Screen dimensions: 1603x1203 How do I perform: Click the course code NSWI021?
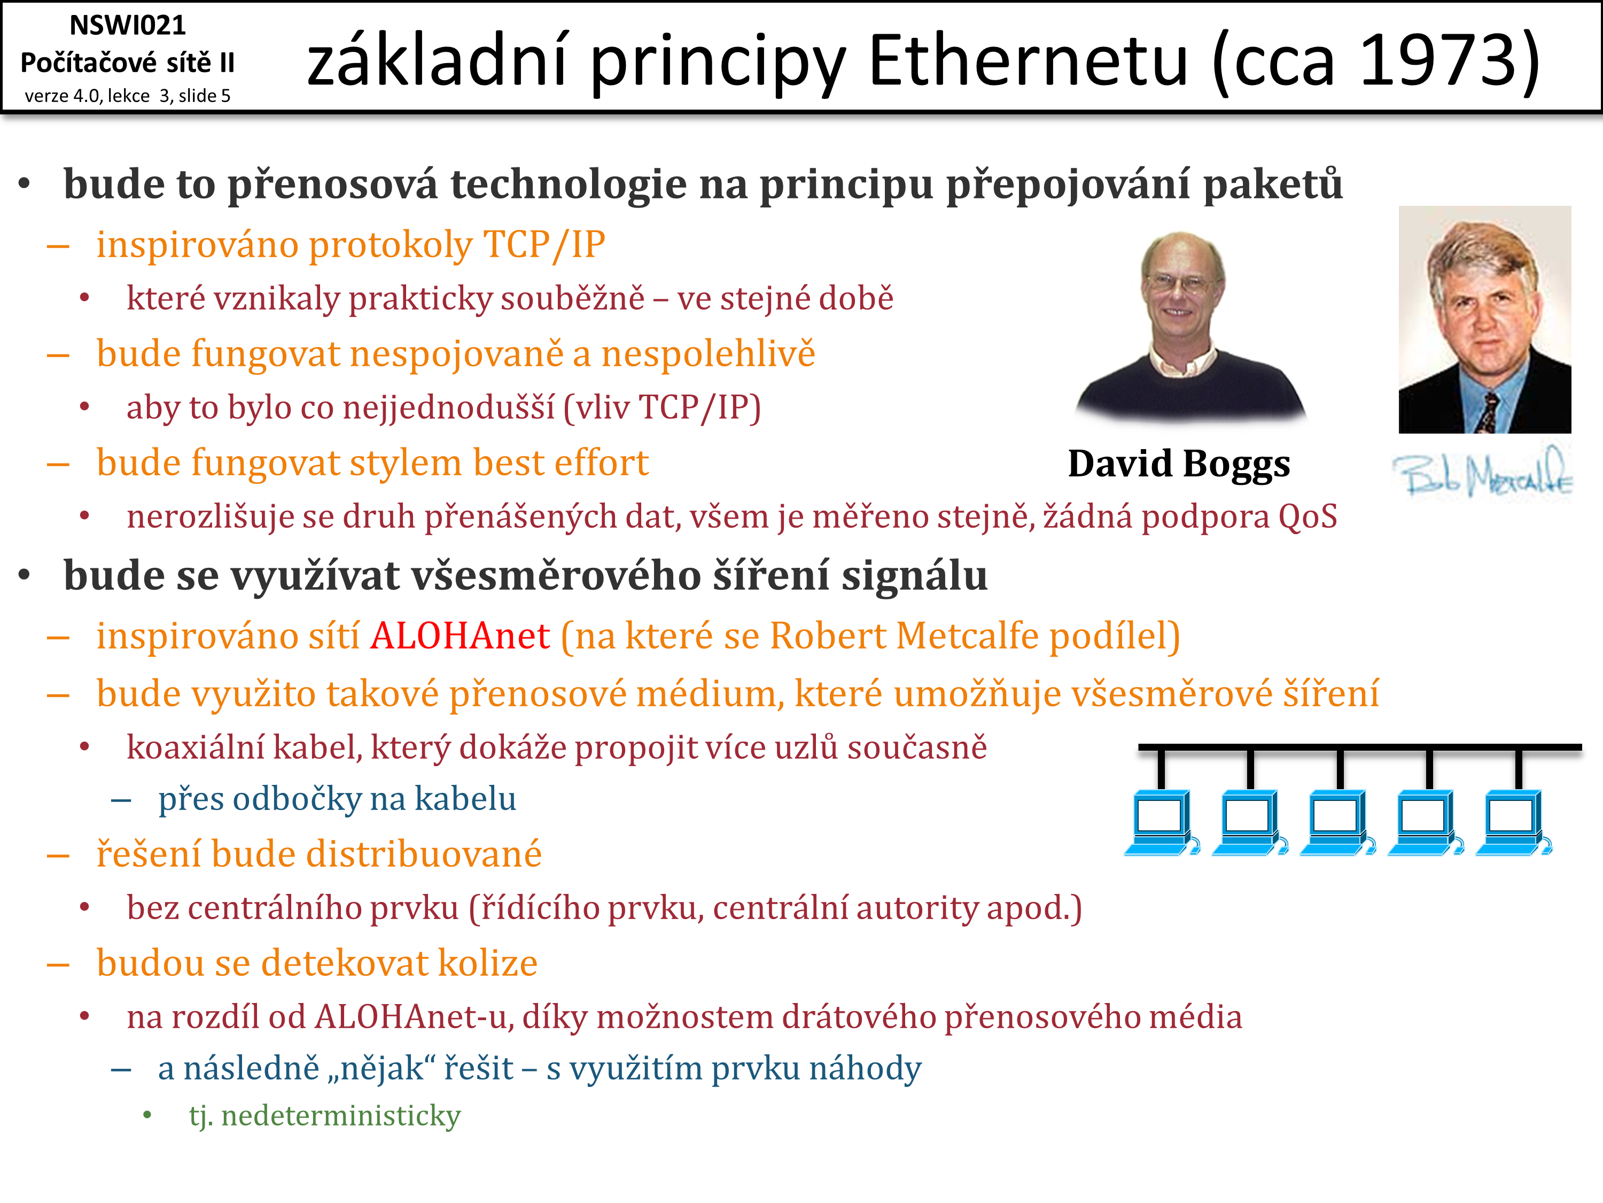click(128, 25)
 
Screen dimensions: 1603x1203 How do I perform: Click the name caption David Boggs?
click(1179, 464)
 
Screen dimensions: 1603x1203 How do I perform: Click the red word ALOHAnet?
click(460, 636)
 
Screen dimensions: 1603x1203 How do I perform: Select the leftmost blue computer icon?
click(1162, 822)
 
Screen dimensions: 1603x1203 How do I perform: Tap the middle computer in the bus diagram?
click(1338, 822)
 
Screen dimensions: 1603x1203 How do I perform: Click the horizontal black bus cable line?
click(1359, 747)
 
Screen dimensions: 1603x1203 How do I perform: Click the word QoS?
click(1308, 517)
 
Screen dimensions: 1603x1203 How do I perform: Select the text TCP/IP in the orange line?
click(543, 244)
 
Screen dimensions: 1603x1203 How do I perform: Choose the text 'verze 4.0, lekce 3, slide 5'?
click(128, 96)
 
